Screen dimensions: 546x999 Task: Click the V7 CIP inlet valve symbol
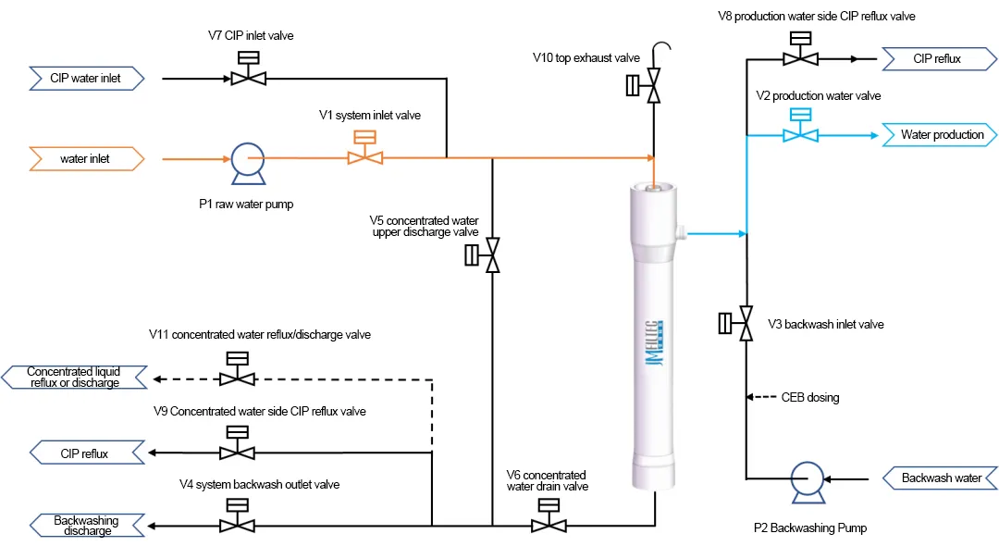248,78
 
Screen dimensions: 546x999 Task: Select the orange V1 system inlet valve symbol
365,156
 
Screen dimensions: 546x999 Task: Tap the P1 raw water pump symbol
246,159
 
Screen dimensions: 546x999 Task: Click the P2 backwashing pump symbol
807,479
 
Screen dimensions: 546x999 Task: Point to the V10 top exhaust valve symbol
653,88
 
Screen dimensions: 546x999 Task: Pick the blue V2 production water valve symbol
800,134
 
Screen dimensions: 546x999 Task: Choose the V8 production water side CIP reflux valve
800,57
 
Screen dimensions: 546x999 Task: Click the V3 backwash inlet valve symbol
746,324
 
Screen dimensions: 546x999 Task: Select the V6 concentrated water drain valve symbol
549,525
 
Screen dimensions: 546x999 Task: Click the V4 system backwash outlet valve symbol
238,525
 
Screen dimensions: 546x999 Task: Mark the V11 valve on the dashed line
238,378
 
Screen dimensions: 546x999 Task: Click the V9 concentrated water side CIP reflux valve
238,453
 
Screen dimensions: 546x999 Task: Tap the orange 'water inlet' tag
87,159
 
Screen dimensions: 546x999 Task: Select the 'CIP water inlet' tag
87,79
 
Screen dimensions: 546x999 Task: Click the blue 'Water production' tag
940,135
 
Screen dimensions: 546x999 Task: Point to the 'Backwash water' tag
940,478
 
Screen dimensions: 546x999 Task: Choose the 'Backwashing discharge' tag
87,526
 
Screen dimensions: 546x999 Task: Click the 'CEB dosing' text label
810,398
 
